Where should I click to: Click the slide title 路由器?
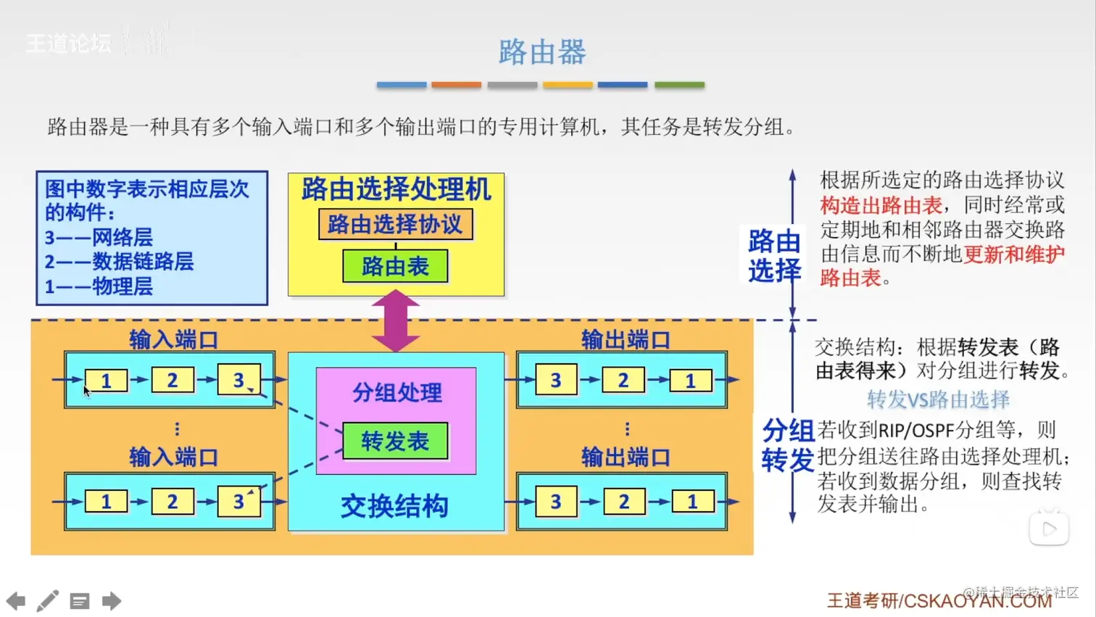click(542, 52)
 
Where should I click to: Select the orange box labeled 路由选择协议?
click(395, 224)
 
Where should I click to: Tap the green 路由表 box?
click(395, 266)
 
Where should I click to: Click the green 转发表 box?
click(395, 441)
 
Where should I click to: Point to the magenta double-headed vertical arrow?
click(396, 321)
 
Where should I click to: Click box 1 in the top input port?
click(106, 380)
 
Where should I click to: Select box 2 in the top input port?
click(173, 380)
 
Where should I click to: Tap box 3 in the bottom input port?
click(238, 501)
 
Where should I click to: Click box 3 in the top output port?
click(556, 380)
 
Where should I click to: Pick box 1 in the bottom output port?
click(692, 501)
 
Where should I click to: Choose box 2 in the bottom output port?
click(623, 501)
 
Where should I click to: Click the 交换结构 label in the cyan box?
click(395, 506)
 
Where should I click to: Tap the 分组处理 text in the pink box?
click(397, 393)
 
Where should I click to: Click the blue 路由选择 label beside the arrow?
click(774, 256)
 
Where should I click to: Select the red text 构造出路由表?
click(881, 205)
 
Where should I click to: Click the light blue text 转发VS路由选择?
click(938, 399)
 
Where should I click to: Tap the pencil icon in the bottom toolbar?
click(48, 600)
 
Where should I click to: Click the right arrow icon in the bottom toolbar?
click(112, 600)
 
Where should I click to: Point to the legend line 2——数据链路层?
click(119, 262)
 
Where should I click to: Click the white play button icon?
click(1049, 529)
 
